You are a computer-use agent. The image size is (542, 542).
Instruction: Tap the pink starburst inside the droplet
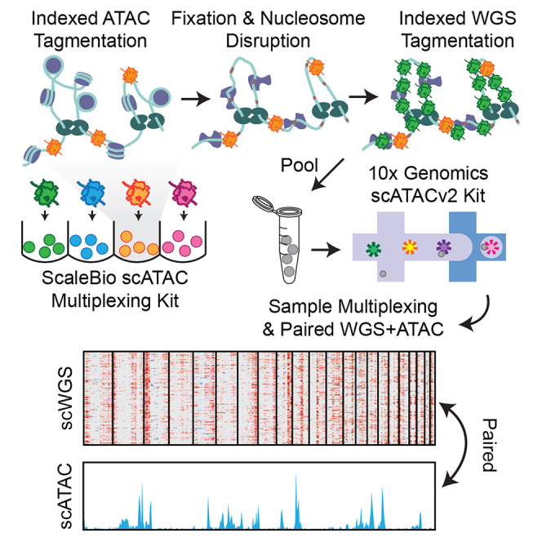pos(493,246)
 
